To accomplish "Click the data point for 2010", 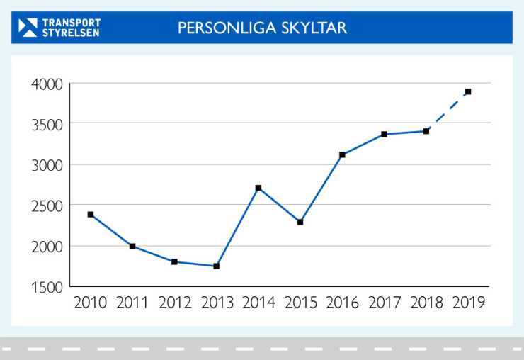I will [91, 214].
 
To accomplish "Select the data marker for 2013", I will [217, 266].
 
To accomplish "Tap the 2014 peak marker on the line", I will [258, 188].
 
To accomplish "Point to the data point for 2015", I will [300, 222].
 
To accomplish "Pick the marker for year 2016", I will [342, 154].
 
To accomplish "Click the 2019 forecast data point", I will [468, 91].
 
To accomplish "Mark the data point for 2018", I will [426, 131].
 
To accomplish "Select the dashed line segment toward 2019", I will [448, 111].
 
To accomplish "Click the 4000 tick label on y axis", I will [47, 84].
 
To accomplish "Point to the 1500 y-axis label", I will [47, 286].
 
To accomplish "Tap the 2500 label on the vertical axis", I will [47, 206].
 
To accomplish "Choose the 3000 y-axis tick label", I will [47, 165].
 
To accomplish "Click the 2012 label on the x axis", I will [175, 303].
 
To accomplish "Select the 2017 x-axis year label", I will [385, 303].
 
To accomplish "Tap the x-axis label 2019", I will [468, 303].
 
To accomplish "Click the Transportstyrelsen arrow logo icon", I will [28, 28].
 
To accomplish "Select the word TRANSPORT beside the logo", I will [71, 23].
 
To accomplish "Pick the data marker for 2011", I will [132, 246].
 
